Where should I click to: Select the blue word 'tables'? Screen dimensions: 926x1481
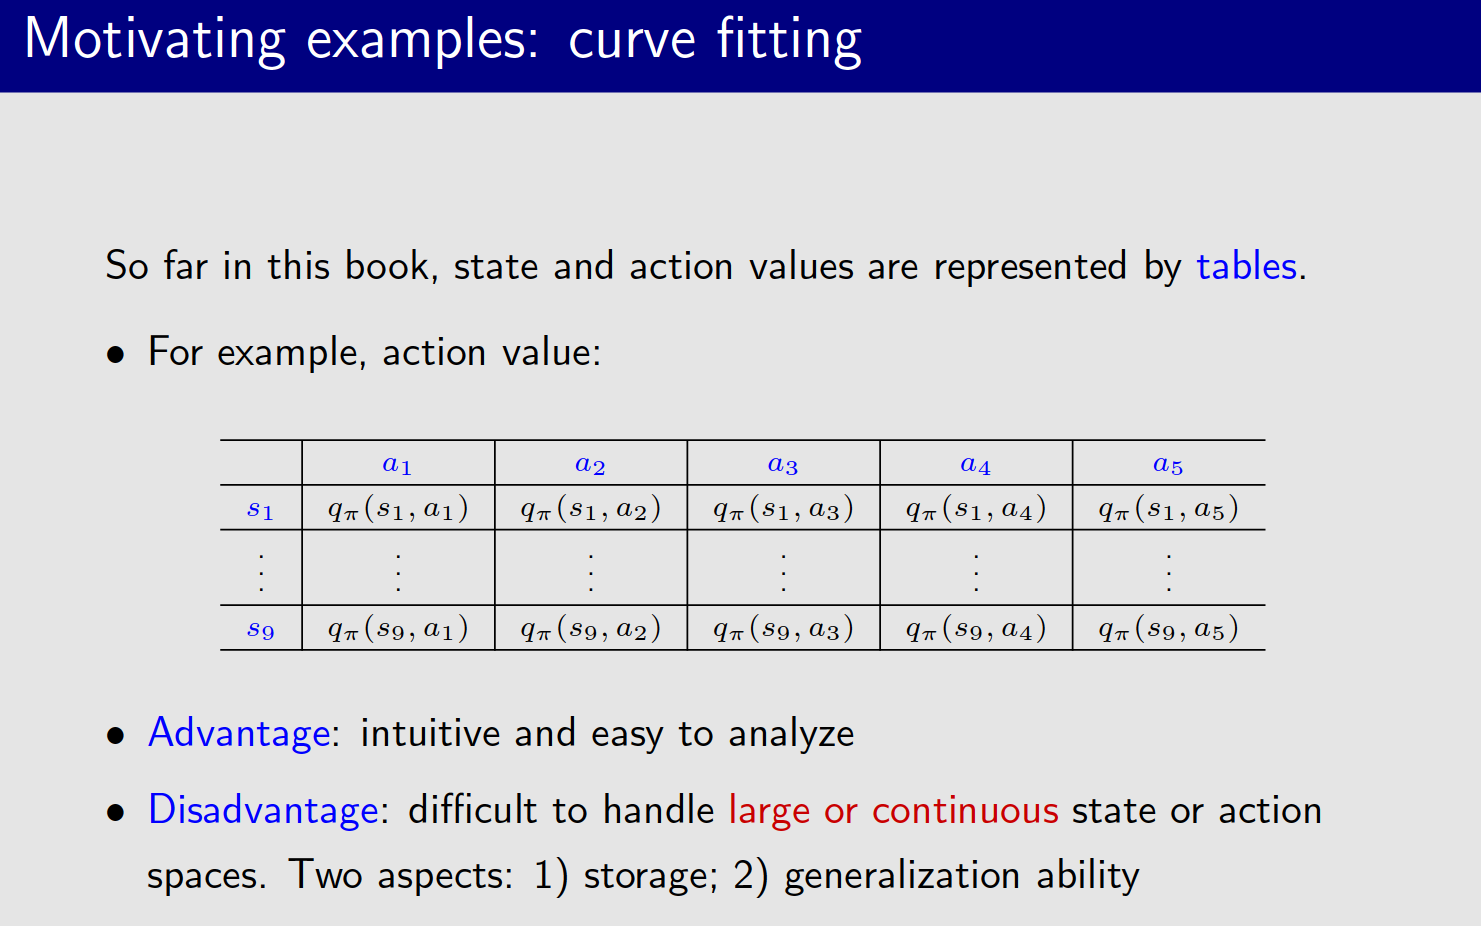1246,266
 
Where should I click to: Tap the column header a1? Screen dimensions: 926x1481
397,464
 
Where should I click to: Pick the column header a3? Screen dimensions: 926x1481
783,464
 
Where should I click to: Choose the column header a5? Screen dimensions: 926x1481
1168,464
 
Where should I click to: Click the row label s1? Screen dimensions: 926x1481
260,509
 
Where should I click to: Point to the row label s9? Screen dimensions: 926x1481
260,629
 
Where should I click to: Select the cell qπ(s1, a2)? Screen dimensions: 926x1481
590,509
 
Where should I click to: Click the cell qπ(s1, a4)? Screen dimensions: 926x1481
976,509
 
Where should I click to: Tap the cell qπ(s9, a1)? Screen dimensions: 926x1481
397,629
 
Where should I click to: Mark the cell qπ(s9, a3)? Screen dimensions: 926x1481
783,629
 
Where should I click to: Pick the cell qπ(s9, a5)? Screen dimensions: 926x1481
1168,629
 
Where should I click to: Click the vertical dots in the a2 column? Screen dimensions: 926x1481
591,571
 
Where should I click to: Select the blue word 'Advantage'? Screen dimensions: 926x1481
239,733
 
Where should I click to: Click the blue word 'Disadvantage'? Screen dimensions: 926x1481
263,810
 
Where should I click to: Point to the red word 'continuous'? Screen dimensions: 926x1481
964,810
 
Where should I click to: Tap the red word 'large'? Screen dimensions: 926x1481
769,811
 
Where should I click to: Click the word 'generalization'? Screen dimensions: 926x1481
901,876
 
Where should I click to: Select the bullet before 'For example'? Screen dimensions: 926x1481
116,354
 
